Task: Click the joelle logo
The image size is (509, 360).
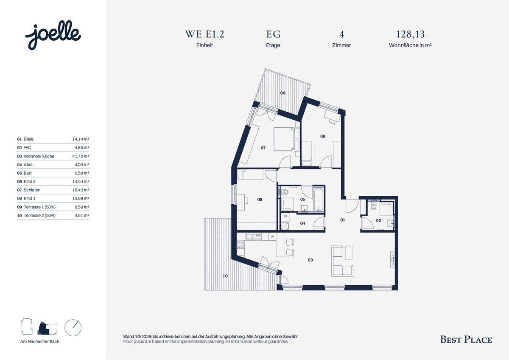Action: pos(53,35)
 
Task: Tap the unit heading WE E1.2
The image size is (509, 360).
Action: pos(204,34)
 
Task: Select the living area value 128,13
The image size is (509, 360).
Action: pos(410,34)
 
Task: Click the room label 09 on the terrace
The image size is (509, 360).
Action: pos(282,93)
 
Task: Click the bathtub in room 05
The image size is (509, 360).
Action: pos(319,199)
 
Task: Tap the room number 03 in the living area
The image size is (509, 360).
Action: pos(310,260)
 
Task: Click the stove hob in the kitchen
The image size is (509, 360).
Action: pos(241,245)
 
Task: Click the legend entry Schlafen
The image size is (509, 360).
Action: pos(32,190)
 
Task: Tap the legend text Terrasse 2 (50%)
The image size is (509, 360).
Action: pos(39,215)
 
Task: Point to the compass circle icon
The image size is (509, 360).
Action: pos(73,328)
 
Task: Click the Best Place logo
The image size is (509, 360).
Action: pos(466,340)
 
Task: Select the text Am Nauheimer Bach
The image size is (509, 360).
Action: pos(40,341)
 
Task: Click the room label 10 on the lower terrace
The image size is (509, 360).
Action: pos(225,276)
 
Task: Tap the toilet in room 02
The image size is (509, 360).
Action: pos(373,206)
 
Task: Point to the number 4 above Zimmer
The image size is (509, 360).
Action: pos(341,34)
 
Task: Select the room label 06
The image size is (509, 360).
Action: pos(260,200)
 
